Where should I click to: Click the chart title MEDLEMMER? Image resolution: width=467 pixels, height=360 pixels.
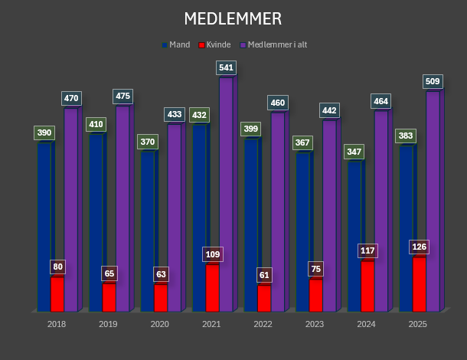(x=233, y=18)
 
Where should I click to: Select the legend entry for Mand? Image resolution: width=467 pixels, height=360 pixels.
(x=178, y=44)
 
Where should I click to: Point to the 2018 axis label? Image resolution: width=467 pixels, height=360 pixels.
(x=57, y=325)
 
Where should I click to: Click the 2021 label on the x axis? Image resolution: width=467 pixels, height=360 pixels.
(x=211, y=325)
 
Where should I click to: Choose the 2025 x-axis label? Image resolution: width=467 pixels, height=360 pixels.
(x=417, y=325)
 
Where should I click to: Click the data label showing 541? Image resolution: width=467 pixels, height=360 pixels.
(x=226, y=67)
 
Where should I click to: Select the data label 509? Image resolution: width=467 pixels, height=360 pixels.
(x=433, y=81)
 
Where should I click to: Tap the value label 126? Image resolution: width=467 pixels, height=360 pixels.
(x=419, y=247)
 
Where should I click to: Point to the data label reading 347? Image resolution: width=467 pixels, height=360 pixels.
(x=354, y=152)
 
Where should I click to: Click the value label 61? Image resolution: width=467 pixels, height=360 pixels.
(x=264, y=275)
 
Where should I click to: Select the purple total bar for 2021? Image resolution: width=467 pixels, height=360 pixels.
(x=225, y=191)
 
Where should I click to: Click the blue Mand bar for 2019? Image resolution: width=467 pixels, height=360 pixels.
(x=96, y=222)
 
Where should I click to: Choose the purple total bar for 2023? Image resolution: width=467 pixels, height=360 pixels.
(x=328, y=214)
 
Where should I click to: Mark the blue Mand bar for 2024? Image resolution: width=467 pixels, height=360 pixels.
(x=354, y=237)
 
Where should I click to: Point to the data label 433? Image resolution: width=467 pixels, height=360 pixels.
(x=175, y=115)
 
